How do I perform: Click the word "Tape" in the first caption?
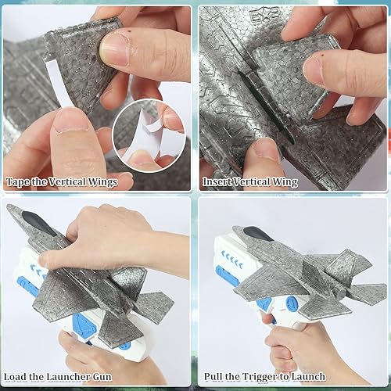click(x=18, y=181)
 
